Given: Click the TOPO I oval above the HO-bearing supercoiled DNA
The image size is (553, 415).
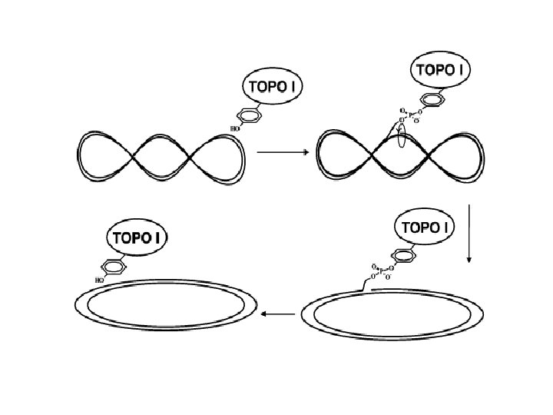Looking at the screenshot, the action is tap(273, 87).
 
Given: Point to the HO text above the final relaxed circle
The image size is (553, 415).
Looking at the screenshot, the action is tap(99, 281).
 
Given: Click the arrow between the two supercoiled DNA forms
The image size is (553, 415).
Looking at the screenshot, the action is tap(282, 152).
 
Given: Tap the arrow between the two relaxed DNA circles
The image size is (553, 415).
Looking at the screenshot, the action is tap(278, 314).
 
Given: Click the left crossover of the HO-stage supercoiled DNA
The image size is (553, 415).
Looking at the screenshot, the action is tap(134, 158).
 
